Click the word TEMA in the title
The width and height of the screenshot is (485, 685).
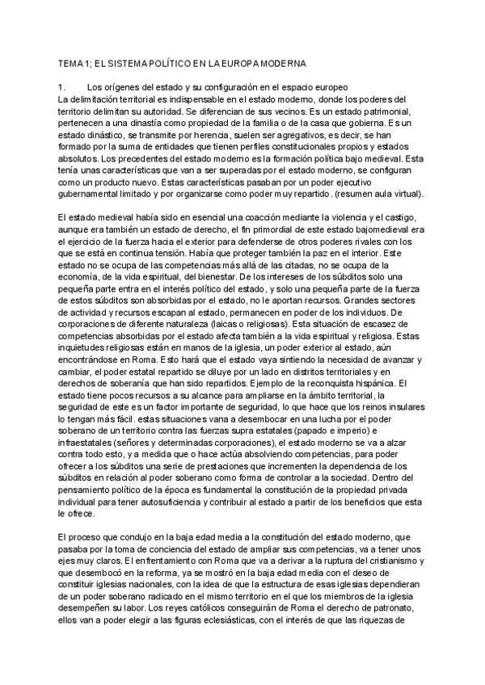coord(73,63)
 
